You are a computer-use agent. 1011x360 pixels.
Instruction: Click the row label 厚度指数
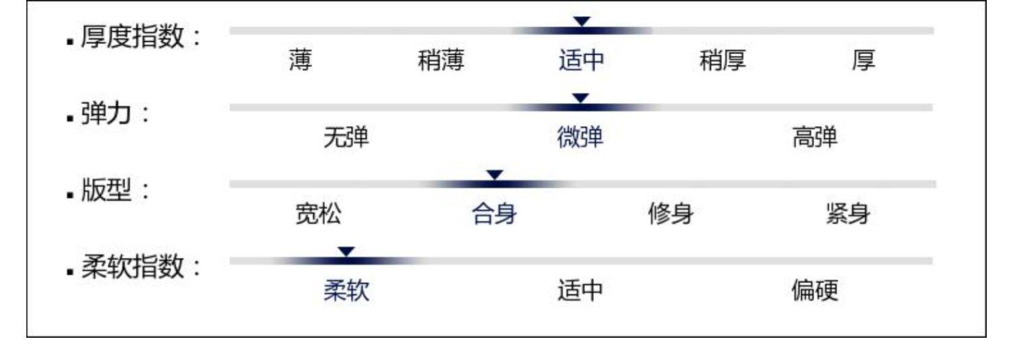point(132,36)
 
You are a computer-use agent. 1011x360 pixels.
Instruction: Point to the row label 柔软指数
point(132,268)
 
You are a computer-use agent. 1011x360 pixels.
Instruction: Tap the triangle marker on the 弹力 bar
point(580,98)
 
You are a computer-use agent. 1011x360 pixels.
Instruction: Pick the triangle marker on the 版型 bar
point(495,175)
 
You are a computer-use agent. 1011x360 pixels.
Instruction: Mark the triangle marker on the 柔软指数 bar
point(346,251)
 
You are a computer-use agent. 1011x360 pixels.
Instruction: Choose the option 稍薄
point(441,61)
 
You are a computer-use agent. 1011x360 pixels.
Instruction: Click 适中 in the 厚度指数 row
point(581,61)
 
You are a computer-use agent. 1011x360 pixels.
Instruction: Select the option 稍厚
point(723,61)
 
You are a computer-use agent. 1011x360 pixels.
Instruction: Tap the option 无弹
point(346,138)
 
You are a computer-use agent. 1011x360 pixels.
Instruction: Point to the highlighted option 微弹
point(580,138)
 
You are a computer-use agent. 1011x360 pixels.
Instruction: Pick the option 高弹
point(815,138)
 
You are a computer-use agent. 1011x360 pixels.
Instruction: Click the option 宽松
point(318,215)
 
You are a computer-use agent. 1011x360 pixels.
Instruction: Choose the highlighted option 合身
point(495,215)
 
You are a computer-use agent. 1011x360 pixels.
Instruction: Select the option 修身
point(671,215)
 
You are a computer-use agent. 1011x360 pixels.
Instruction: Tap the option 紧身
point(847,215)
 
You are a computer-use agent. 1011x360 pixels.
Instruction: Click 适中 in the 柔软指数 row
point(580,292)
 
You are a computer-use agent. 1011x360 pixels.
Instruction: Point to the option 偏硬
point(815,292)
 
